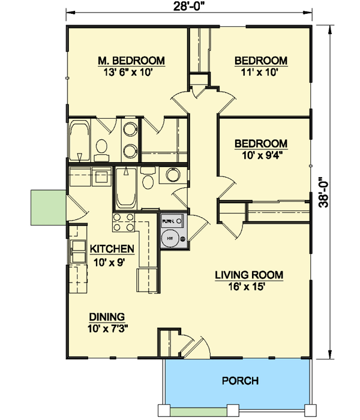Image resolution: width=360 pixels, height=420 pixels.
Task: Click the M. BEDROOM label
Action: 131,61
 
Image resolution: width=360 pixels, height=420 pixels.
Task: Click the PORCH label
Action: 240,380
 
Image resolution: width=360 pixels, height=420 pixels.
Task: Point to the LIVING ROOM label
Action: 249,275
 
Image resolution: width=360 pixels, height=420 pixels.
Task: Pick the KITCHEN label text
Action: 112,249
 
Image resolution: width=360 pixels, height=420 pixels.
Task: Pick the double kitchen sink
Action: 78,251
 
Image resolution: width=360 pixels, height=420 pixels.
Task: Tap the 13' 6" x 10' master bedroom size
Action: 131,72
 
